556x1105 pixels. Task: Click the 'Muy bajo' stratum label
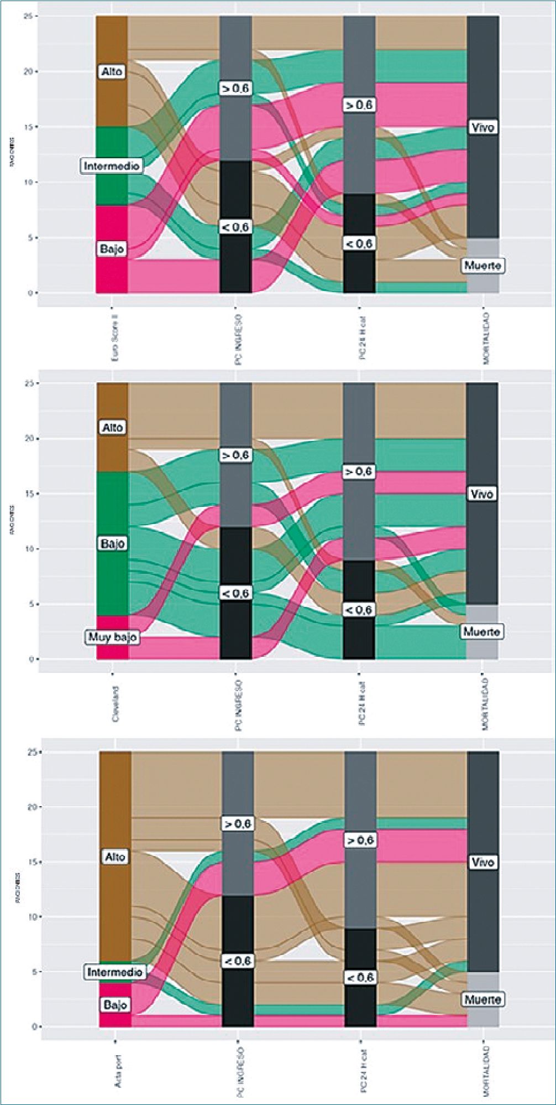pos(112,637)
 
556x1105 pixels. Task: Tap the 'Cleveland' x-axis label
pos(115,704)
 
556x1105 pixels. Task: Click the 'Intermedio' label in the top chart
pos(112,165)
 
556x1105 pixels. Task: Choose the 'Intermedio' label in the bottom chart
pos(114,972)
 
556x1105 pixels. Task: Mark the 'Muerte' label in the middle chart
pos(482,632)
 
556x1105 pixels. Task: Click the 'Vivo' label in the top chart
pos(482,127)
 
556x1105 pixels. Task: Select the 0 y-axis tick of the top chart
pos(30,293)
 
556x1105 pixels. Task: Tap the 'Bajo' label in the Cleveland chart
pos(113,544)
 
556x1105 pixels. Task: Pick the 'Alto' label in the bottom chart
pos(115,857)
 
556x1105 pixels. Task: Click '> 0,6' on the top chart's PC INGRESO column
pos(236,89)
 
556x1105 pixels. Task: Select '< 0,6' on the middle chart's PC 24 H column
pos(359,610)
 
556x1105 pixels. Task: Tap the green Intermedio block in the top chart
pos(112,188)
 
